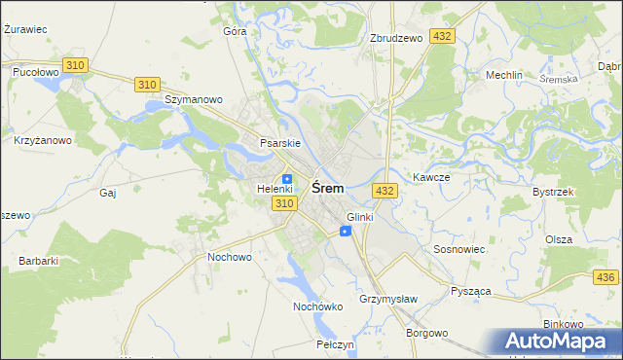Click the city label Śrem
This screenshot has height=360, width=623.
tap(326, 189)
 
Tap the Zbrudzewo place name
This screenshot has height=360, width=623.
tap(396, 38)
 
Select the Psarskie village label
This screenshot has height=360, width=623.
tap(279, 143)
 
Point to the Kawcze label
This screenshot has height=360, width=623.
tap(430, 178)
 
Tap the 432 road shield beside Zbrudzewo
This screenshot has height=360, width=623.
tap(443, 36)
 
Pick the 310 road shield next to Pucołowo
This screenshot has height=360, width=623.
tap(75, 64)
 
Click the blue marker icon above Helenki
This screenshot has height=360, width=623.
tap(287, 178)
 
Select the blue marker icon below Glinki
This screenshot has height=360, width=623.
tap(346, 231)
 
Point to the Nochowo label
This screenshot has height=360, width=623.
tap(230, 257)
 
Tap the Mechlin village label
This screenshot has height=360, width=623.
tap(504, 75)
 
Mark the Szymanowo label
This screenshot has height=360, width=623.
tap(194, 99)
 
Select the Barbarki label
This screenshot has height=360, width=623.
tap(39, 261)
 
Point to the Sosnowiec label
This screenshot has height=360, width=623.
tap(458, 250)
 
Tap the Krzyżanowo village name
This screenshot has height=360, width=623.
tap(43, 140)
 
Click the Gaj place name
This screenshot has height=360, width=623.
tap(108, 193)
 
